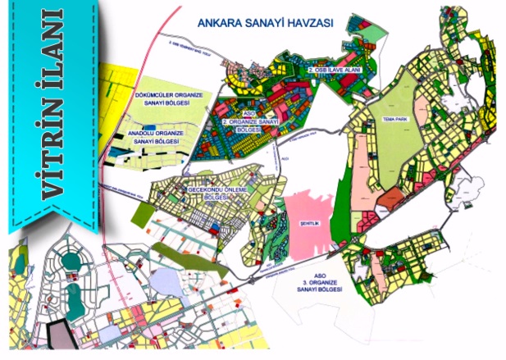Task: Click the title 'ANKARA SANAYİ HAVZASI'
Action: pos(264,25)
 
